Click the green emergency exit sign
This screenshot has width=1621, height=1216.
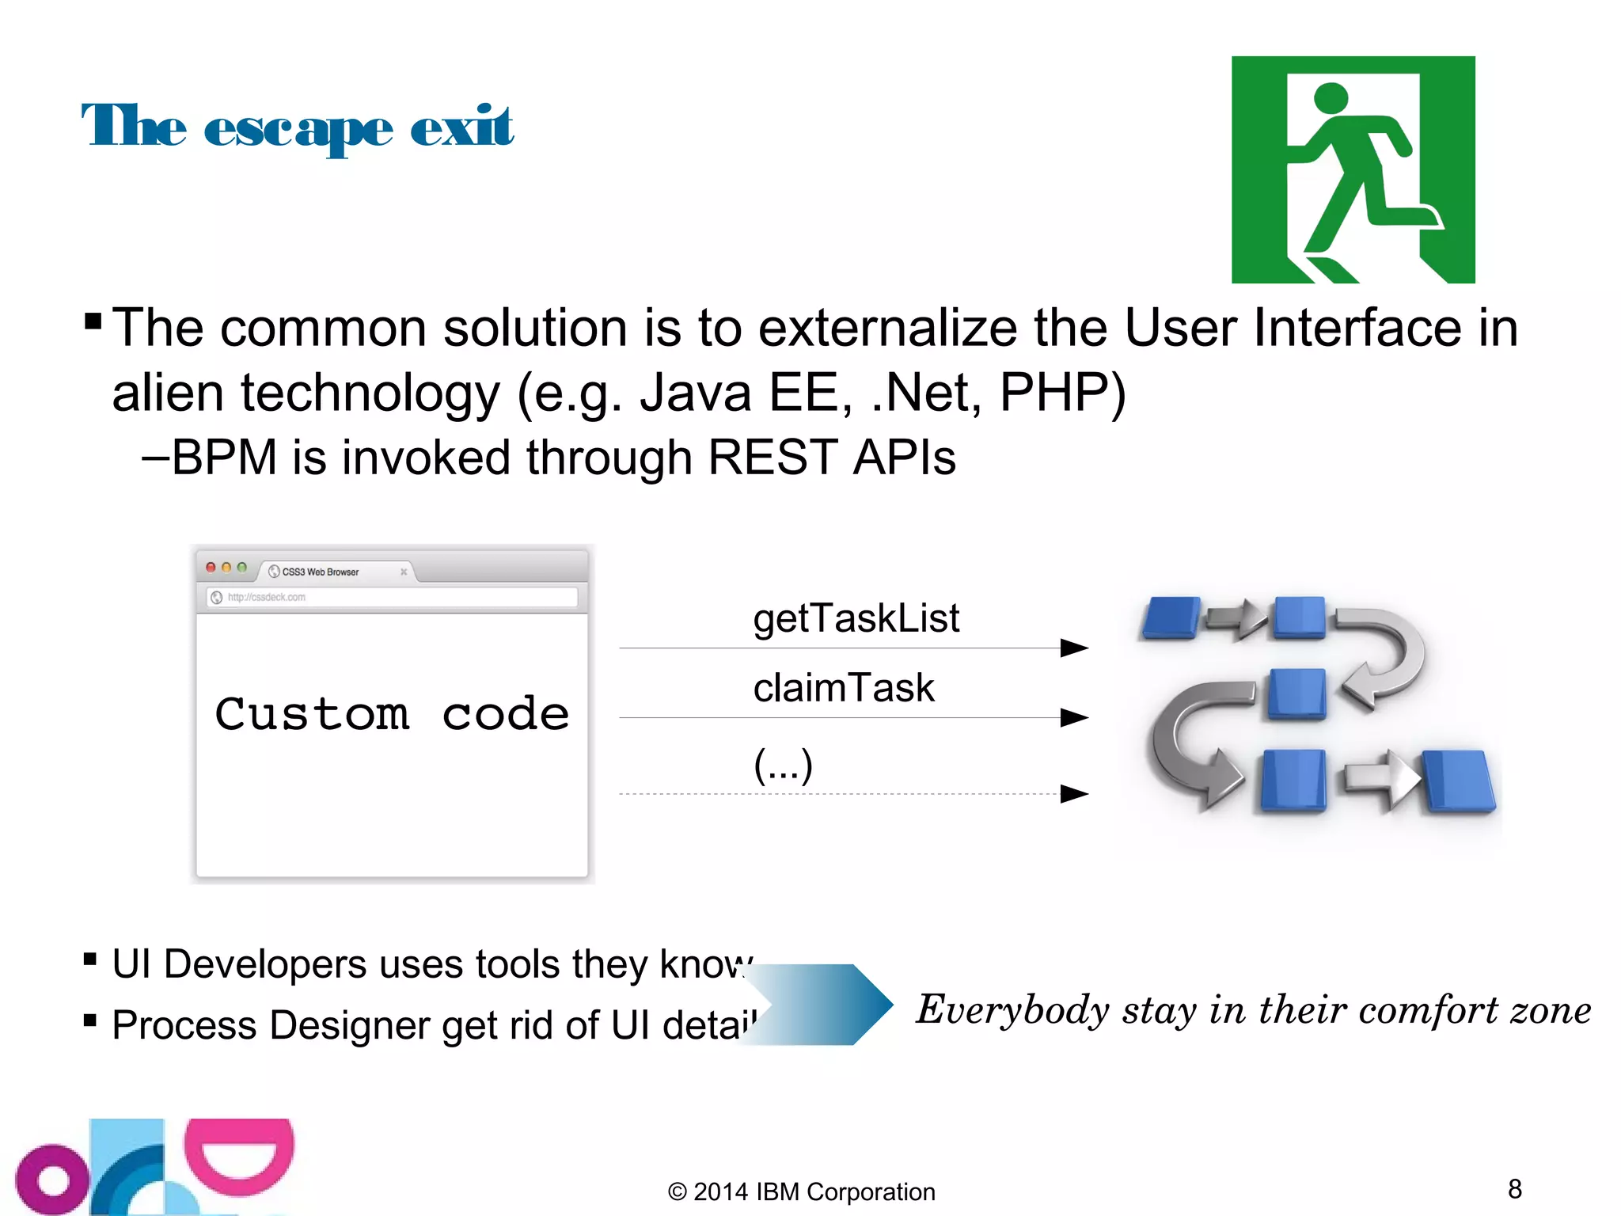(x=1353, y=169)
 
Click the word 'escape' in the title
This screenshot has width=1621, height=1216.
(x=298, y=130)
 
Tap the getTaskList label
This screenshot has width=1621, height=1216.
(x=856, y=618)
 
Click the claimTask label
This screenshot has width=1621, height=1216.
(x=844, y=687)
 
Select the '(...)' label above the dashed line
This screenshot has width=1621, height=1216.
(x=783, y=766)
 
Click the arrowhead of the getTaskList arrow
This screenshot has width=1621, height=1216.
(x=1074, y=648)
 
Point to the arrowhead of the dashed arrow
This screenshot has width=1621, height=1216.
(x=1074, y=793)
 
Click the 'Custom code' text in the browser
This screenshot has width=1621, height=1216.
(x=392, y=714)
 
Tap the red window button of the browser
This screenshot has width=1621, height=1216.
(x=211, y=568)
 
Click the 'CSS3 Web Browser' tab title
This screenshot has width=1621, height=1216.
(x=320, y=572)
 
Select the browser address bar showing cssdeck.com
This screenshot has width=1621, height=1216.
(x=393, y=597)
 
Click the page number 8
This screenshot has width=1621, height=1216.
(x=1515, y=1188)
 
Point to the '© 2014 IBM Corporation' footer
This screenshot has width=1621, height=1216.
(x=801, y=1191)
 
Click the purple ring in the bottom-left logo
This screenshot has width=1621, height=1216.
(x=52, y=1180)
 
